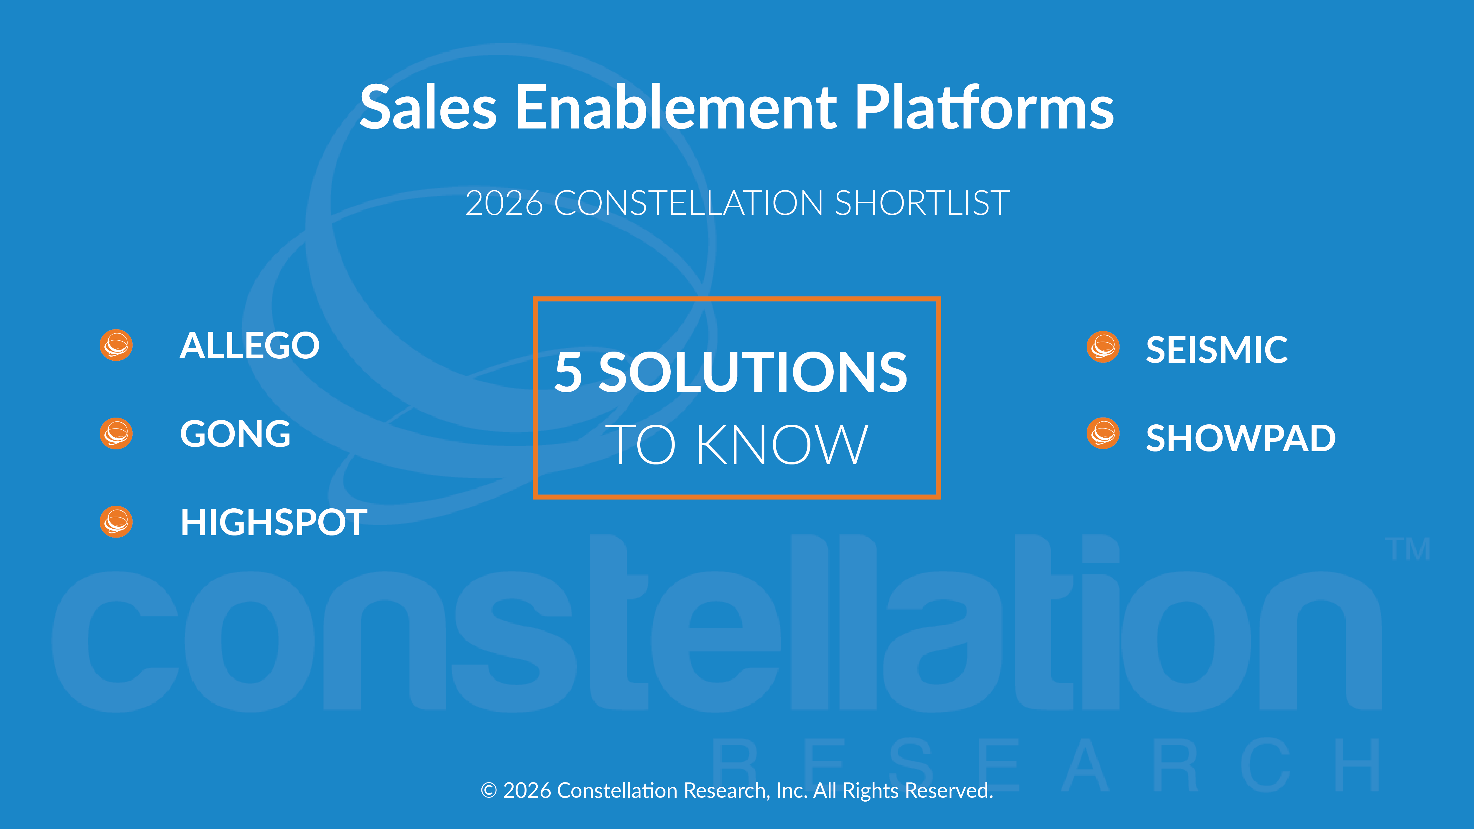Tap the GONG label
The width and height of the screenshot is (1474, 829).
click(235, 434)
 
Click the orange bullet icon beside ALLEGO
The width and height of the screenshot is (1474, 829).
click(116, 345)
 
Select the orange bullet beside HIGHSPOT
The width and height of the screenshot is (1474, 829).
click(116, 522)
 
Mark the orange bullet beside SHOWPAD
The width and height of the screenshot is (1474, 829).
click(1103, 434)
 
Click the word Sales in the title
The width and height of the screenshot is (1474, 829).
click(428, 108)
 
